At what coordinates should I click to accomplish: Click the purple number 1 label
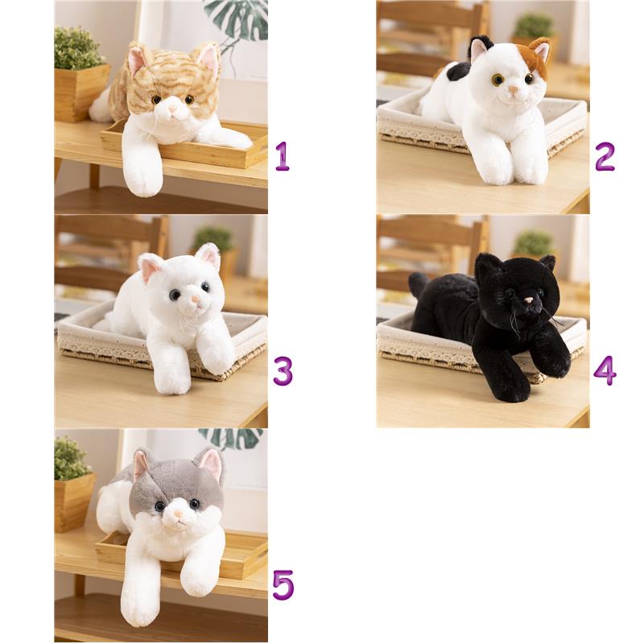283,156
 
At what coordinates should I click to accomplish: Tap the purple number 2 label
605,156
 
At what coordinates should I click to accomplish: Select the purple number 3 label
283,371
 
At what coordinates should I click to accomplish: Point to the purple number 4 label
605,370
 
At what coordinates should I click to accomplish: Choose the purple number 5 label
283,585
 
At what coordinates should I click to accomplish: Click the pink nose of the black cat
529,301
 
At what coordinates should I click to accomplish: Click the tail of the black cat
418,283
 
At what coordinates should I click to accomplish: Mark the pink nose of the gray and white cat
178,514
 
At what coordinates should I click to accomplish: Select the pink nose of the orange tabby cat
173,109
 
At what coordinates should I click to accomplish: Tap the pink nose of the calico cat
514,89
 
